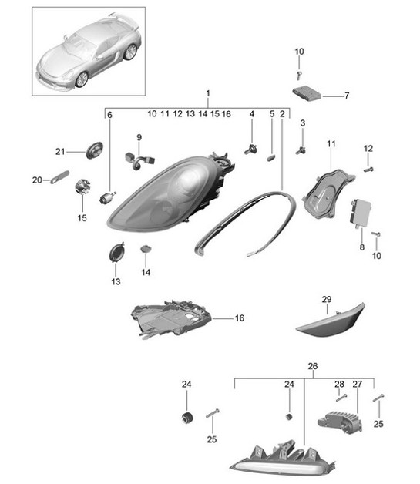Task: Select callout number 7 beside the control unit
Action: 347,96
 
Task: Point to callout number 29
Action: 325,298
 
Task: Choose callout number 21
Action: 59,151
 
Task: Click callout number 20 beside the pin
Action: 36,180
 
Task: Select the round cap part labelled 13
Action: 116,253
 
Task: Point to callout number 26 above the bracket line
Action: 312,366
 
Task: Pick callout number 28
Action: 339,385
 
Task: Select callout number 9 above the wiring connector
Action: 139,138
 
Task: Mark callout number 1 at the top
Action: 208,93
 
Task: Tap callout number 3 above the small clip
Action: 302,123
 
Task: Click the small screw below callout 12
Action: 368,167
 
